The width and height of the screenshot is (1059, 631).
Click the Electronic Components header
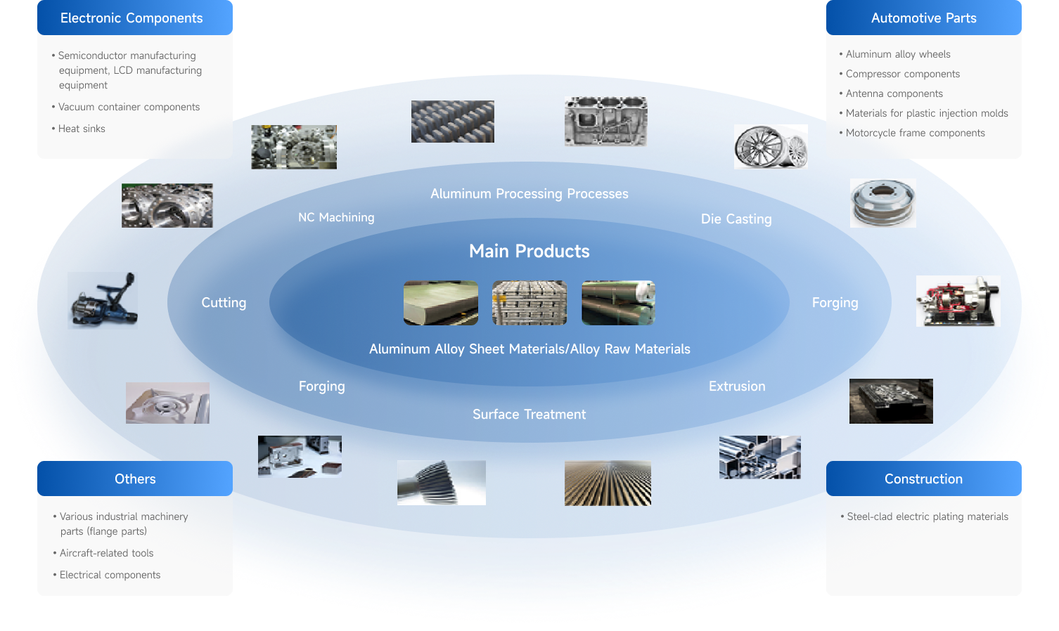tap(131, 18)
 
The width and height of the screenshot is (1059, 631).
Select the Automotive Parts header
tap(923, 18)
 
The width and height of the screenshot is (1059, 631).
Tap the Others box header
tap(135, 479)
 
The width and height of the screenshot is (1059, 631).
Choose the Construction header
tap(923, 479)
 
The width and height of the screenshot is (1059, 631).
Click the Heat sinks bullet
tap(82, 129)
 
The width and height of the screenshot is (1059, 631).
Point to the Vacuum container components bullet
tap(129, 107)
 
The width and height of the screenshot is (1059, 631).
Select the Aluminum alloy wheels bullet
tap(898, 54)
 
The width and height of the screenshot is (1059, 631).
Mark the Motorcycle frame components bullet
tap(915, 133)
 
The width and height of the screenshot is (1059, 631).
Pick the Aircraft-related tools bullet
tap(106, 553)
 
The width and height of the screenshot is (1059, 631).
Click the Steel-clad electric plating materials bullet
tap(928, 516)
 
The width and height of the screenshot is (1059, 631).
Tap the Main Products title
tap(529, 251)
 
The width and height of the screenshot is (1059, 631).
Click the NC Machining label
tap(336, 218)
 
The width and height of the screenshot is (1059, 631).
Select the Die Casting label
tap(736, 219)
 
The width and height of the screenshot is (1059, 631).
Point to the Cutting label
tap(224, 303)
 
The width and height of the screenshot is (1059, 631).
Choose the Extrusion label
tap(737, 386)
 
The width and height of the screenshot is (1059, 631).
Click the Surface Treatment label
tap(529, 415)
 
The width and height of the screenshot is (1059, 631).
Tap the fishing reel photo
tap(103, 301)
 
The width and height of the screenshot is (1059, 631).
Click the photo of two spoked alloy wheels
tap(771, 147)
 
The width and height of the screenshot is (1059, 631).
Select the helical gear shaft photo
tap(442, 483)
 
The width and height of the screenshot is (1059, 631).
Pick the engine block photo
tap(606, 122)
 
